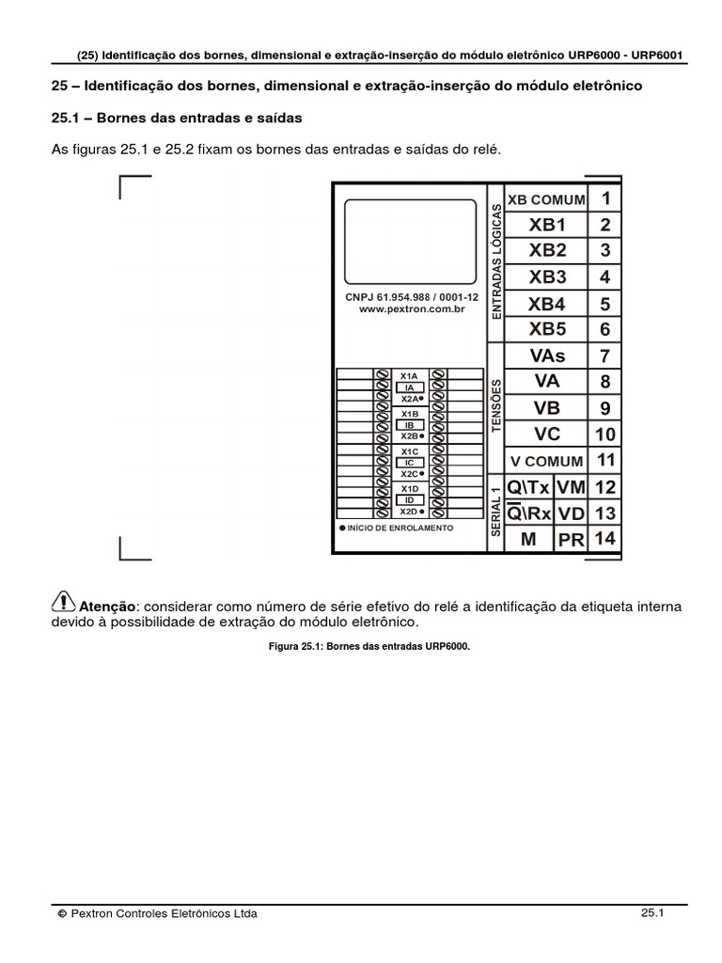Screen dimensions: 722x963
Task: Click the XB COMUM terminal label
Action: (546, 199)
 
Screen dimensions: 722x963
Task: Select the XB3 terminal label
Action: (547, 277)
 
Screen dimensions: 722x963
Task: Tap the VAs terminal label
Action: (547, 355)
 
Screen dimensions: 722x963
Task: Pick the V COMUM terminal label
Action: (546, 462)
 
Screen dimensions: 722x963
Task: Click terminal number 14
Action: (604, 539)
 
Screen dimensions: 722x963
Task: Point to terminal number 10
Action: (604, 434)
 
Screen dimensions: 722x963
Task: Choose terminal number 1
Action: (605, 198)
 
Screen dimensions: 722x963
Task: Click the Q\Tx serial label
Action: (528, 487)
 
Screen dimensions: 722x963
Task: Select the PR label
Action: (572, 540)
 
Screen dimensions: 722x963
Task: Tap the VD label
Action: (571, 513)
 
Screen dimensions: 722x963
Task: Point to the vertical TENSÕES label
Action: (496, 405)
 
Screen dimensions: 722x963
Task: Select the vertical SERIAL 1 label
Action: (496, 512)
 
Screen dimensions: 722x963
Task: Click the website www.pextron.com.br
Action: (413, 308)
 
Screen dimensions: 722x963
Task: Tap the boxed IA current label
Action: (409, 387)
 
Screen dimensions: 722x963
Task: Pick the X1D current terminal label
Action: (409, 489)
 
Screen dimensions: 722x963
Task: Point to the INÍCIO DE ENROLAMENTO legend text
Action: (400, 528)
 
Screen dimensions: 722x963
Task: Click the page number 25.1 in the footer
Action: (652, 912)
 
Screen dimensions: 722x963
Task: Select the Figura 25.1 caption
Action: (361, 647)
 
